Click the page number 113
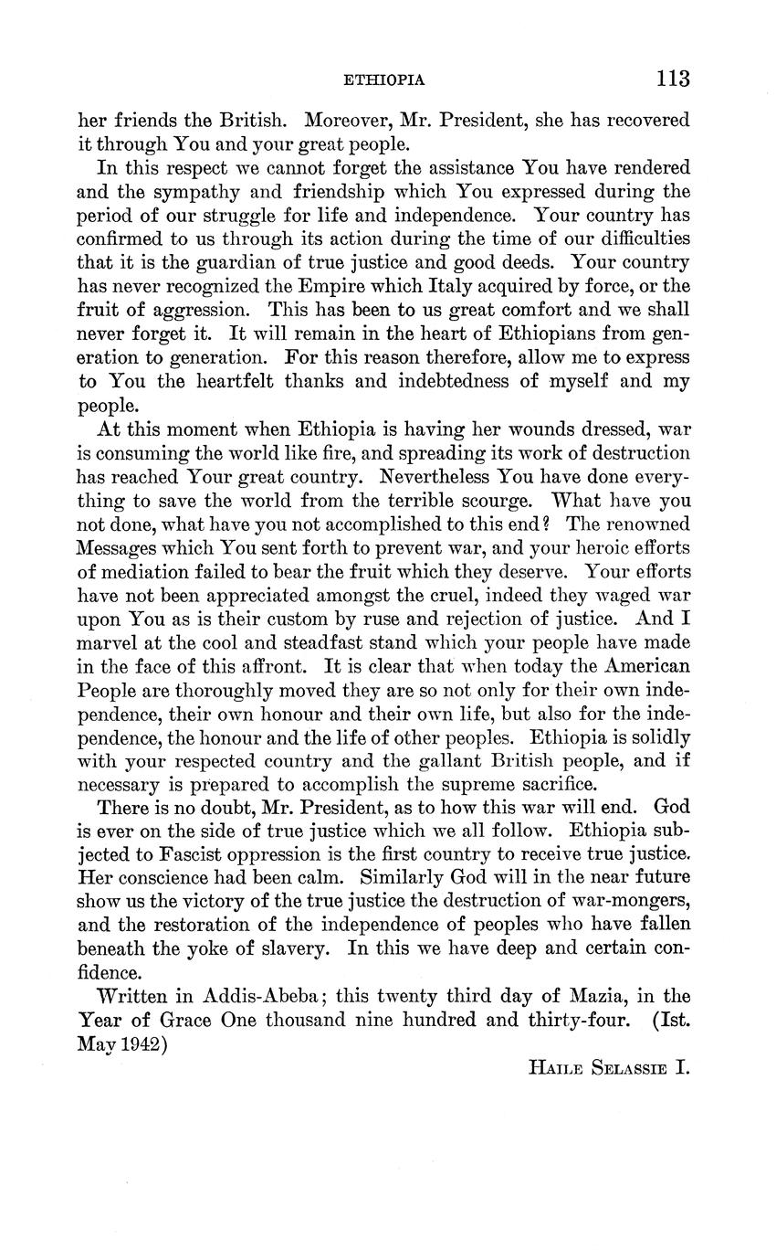[x=671, y=79]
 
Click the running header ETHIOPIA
[x=383, y=80]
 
